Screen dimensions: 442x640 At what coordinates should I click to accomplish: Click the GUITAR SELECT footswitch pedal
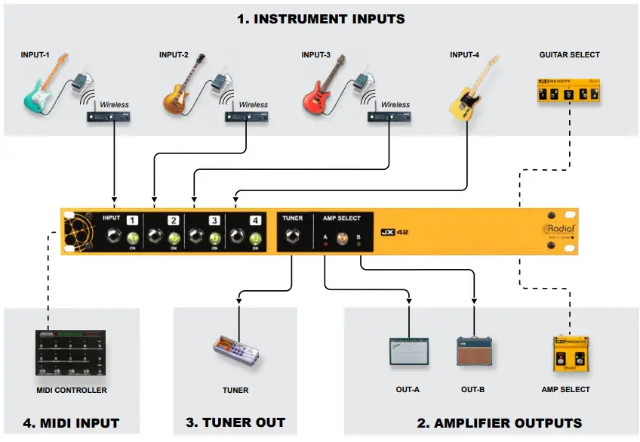(x=566, y=93)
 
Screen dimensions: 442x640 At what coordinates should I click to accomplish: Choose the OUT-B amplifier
(x=472, y=352)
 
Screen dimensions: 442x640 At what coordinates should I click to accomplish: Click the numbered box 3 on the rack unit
(x=214, y=221)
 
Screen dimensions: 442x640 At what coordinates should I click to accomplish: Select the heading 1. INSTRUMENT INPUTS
(x=321, y=19)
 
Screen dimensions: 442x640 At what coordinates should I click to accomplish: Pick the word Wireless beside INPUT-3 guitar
(x=395, y=105)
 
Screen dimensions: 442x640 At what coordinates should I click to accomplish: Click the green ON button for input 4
(x=255, y=240)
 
